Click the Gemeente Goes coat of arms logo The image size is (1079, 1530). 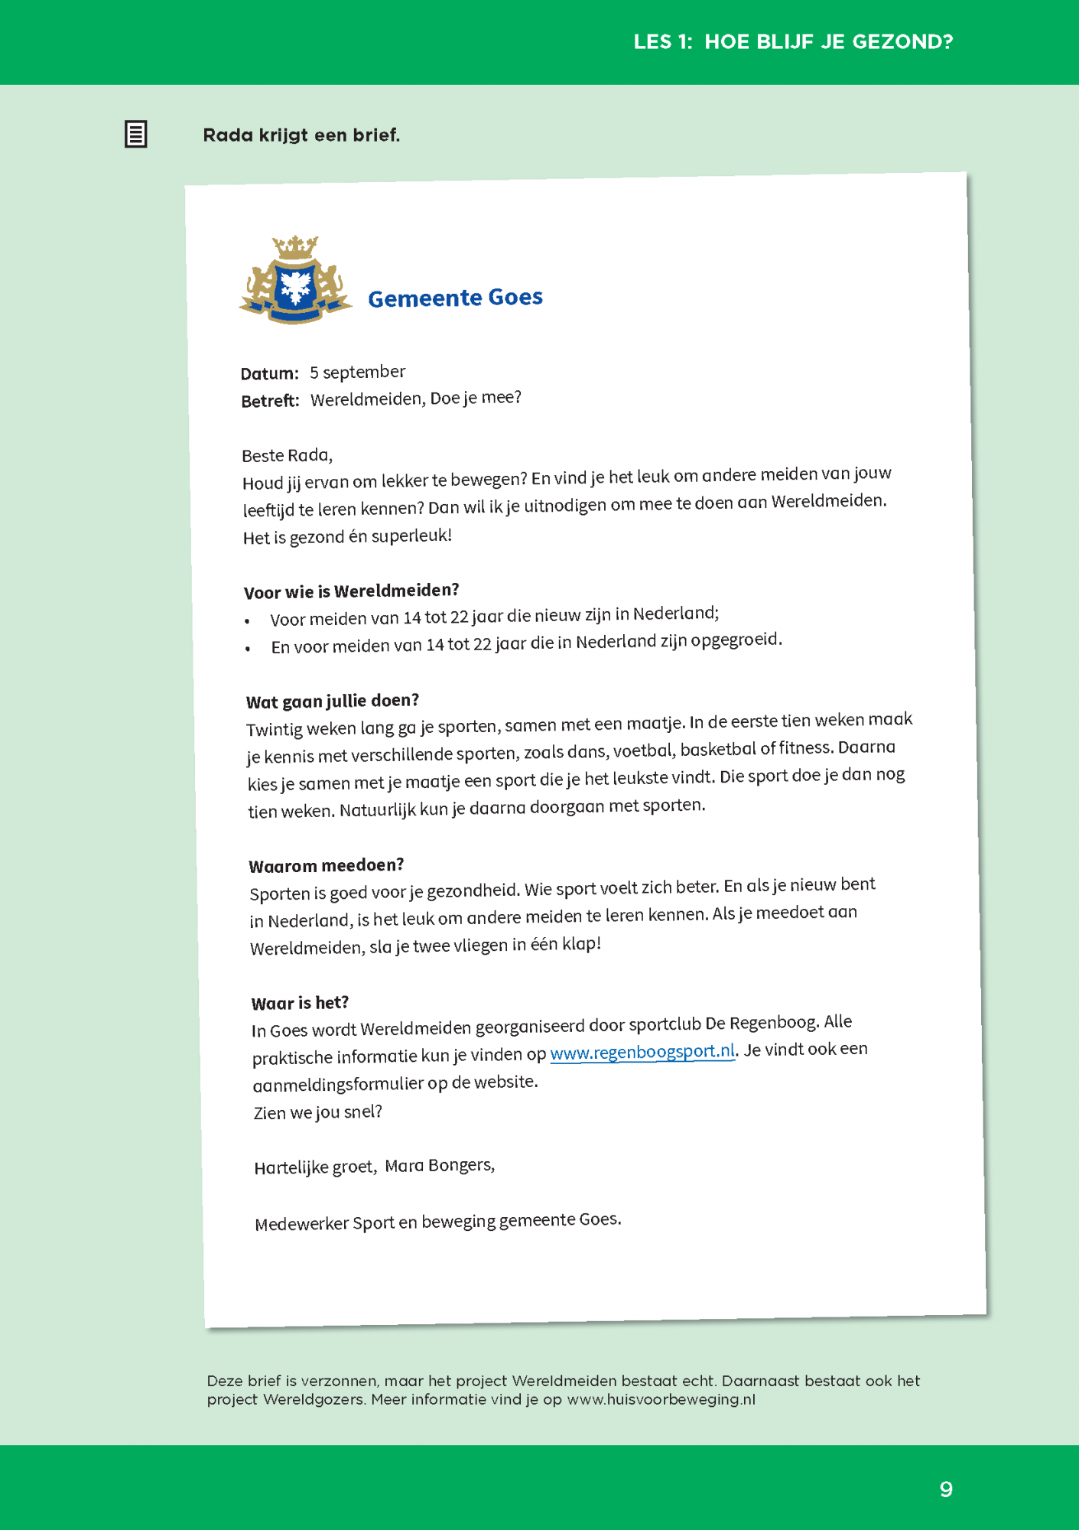(x=295, y=281)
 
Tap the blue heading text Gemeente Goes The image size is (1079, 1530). (x=455, y=298)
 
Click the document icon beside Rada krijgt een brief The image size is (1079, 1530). (x=136, y=135)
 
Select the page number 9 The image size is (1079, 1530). (x=946, y=1489)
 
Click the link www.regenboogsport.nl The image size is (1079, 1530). (x=642, y=1053)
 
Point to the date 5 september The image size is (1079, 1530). (x=357, y=373)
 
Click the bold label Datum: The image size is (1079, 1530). (x=269, y=374)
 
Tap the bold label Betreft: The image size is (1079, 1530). (x=270, y=401)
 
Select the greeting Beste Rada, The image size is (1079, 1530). (x=287, y=456)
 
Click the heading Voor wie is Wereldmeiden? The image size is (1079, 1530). (x=351, y=591)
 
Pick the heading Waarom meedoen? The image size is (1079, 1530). (x=327, y=866)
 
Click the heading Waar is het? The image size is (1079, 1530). (x=300, y=1003)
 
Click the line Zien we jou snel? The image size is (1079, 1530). (x=317, y=1112)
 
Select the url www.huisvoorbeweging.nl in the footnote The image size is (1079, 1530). (x=661, y=1400)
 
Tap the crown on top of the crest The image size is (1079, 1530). (x=295, y=247)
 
